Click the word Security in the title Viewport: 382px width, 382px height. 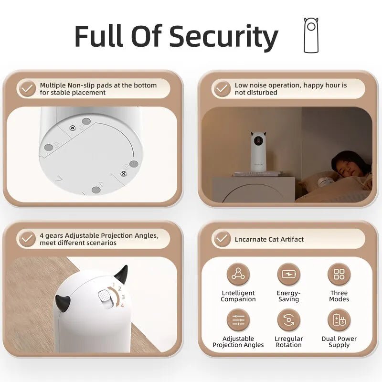[223, 36]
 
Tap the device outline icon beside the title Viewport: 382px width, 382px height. [311, 35]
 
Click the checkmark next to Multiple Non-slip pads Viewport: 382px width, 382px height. [27, 88]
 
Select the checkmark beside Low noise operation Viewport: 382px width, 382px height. [222, 88]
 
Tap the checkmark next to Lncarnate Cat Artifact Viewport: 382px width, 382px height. [222, 239]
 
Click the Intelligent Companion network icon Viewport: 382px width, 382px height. [238, 274]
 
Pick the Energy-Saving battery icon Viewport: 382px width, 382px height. [289, 274]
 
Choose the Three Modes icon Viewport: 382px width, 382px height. [339, 274]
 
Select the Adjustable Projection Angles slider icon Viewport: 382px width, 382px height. [238, 320]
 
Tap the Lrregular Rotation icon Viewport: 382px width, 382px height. [289, 320]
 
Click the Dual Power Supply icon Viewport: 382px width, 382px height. [339, 320]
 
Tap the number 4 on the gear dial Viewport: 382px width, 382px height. [122, 306]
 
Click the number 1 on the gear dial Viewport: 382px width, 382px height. [114, 285]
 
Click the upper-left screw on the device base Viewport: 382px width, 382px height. [72, 127]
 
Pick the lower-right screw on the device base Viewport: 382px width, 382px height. [124, 173]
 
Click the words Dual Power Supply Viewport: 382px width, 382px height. [339, 342]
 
